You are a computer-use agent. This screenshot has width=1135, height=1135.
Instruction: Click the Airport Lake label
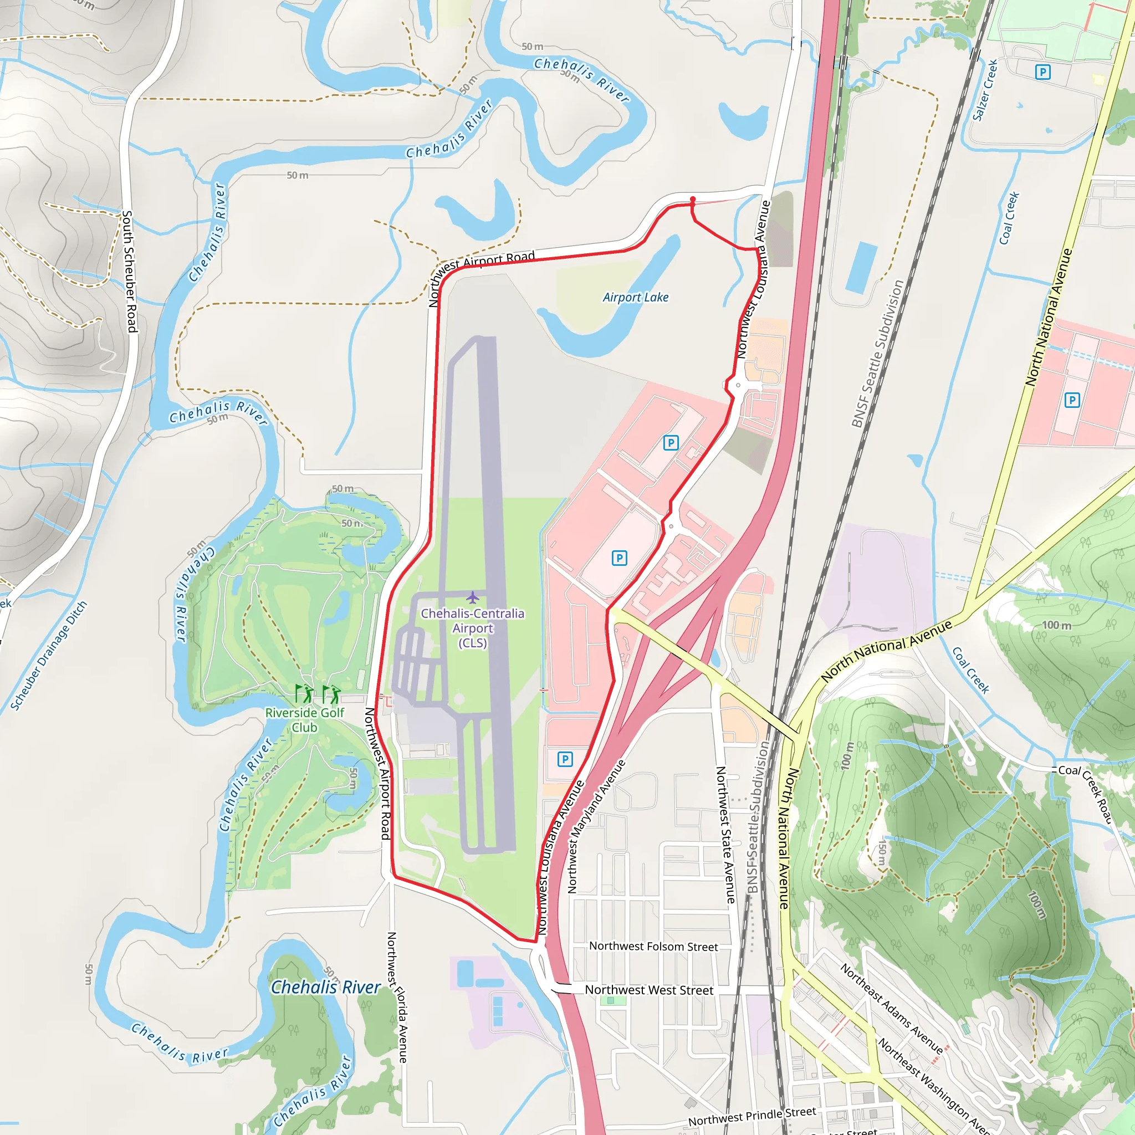[x=636, y=297]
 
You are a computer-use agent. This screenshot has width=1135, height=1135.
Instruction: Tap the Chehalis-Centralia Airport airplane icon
[x=472, y=597]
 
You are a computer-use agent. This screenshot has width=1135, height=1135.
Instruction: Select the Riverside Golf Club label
[x=304, y=720]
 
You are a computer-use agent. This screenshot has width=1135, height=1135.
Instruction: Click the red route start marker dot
[x=693, y=200]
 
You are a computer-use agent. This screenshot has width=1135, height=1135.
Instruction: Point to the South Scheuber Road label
[x=129, y=272]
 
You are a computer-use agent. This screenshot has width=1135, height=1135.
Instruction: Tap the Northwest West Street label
[x=648, y=990]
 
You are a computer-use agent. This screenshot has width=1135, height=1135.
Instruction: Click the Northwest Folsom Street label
[x=653, y=947]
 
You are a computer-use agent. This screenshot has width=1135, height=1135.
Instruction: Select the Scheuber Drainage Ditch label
[x=49, y=655]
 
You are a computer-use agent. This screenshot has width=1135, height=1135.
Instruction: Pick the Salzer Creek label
[x=985, y=90]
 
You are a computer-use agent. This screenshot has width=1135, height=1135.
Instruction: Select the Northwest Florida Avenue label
[x=397, y=997]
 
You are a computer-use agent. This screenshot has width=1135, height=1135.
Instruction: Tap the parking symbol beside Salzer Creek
[x=1043, y=72]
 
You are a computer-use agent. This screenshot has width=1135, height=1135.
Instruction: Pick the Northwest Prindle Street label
[x=752, y=1116]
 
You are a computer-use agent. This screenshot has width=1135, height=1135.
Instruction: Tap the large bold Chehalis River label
[x=325, y=988]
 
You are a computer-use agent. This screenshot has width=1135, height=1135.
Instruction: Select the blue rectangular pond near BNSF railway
[x=861, y=268]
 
